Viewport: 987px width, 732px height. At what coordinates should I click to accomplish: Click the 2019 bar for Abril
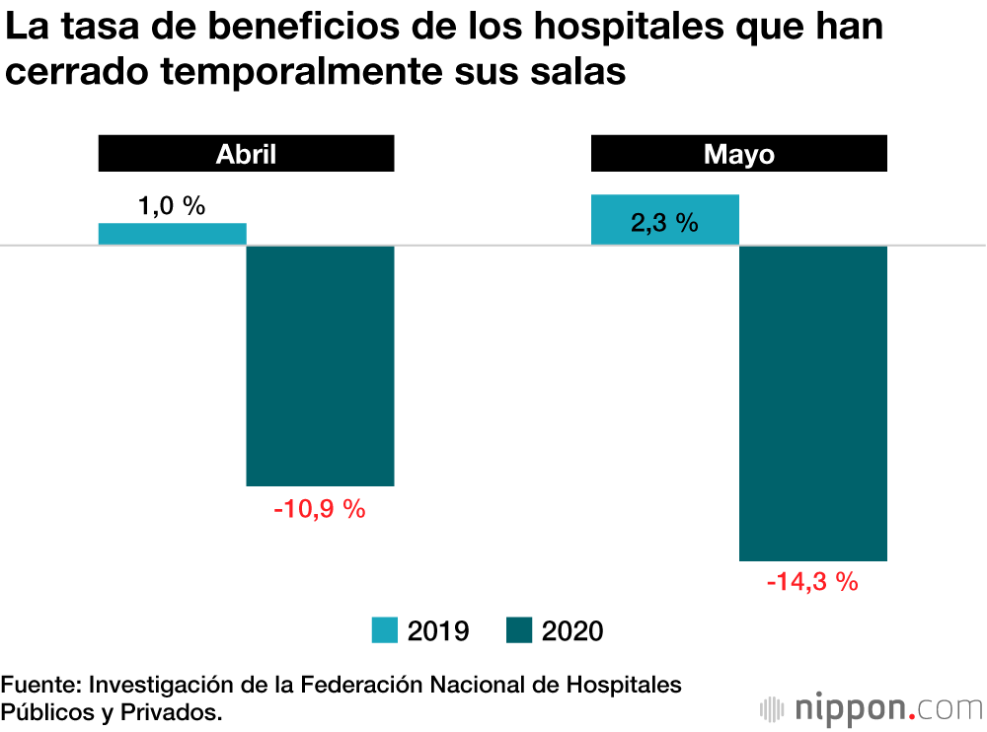pyautogui.click(x=172, y=234)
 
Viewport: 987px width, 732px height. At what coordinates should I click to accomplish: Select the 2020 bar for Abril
pyautogui.click(x=320, y=365)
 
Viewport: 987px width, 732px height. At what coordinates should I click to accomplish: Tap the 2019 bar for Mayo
pyautogui.click(x=664, y=219)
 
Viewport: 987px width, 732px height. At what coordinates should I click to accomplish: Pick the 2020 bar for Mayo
pyautogui.click(x=813, y=403)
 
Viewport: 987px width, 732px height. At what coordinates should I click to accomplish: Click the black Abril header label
pyautogui.click(x=246, y=155)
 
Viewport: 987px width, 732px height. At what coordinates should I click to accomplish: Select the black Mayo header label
pyautogui.click(x=738, y=155)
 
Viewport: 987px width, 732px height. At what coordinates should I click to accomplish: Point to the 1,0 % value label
pyautogui.click(x=172, y=206)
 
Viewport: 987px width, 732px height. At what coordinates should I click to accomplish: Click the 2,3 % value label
pyautogui.click(x=664, y=223)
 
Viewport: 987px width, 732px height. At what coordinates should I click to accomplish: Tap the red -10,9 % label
pyautogui.click(x=319, y=509)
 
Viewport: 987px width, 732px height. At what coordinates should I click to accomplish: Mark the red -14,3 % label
pyautogui.click(x=812, y=581)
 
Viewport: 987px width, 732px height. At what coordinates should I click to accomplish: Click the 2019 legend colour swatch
pyautogui.click(x=384, y=630)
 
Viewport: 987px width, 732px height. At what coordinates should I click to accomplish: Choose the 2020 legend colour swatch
pyautogui.click(x=518, y=630)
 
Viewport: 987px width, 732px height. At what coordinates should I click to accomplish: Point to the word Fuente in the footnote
pyautogui.click(x=40, y=685)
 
